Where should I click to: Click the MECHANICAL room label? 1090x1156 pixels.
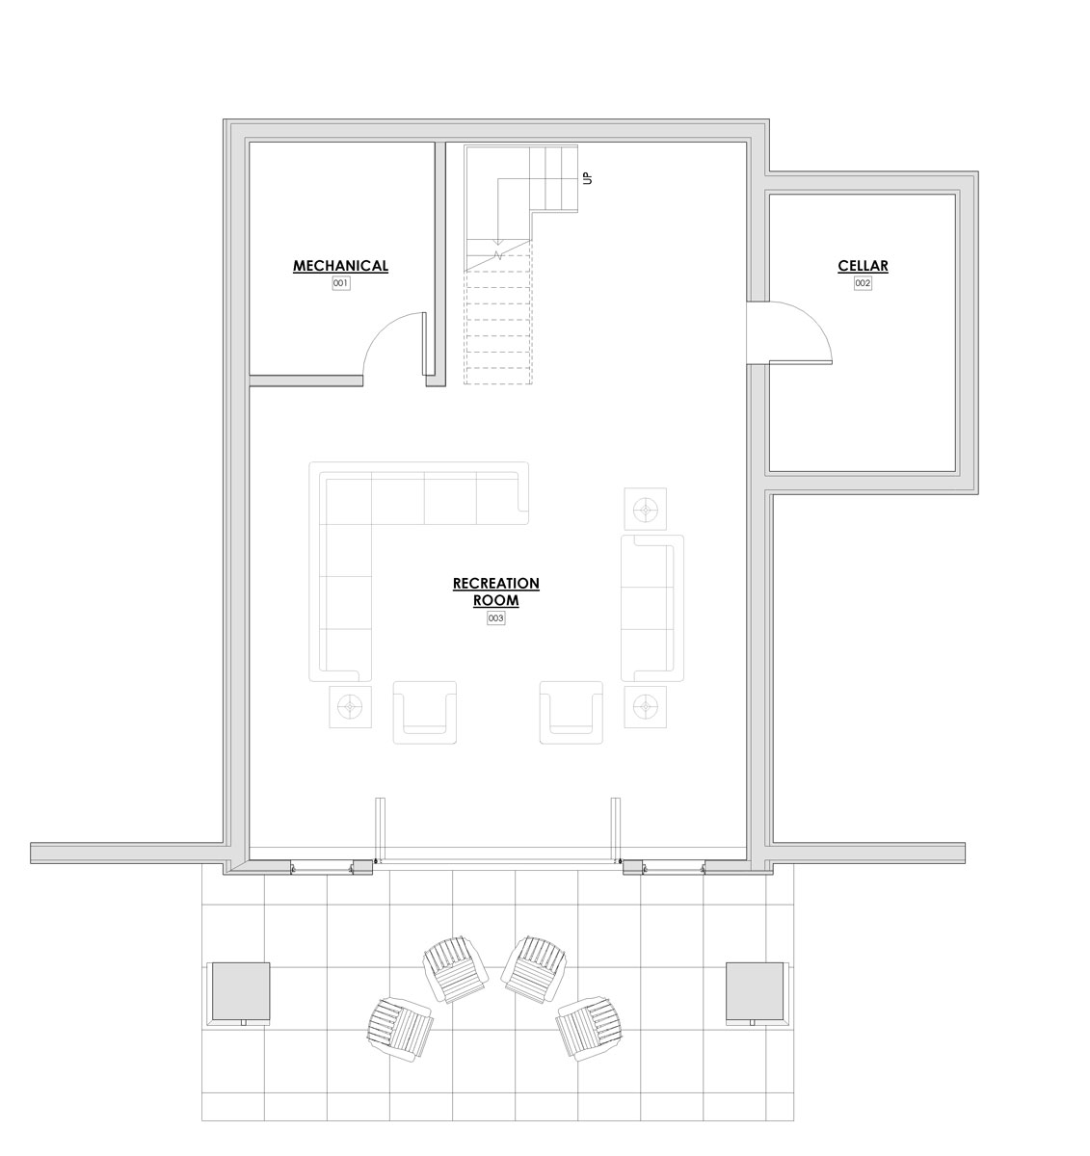(x=340, y=266)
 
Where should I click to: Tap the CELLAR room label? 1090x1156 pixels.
(x=863, y=266)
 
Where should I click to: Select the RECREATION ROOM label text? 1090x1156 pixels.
(x=495, y=591)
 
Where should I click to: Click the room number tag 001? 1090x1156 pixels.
(x=341, y=283)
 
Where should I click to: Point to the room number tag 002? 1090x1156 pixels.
(x=863, y=283)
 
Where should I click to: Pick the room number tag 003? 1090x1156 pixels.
(x=495, y=618)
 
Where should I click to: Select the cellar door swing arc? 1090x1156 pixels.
(x=813, y=319)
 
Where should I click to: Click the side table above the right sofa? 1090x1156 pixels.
(x=645, y=510)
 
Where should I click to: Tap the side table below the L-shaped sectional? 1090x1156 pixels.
(x=350, y=707)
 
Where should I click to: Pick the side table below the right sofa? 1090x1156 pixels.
(x=645, y=707)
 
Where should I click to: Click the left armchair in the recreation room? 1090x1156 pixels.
(x=425, y=713)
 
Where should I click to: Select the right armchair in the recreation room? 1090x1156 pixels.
(x=572, y=713)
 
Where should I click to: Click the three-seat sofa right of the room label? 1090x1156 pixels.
(x=652, y=608)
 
